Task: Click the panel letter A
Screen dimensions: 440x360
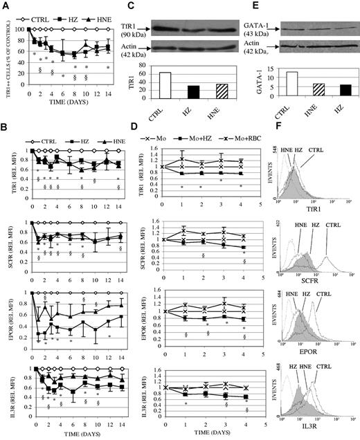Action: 5,6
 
